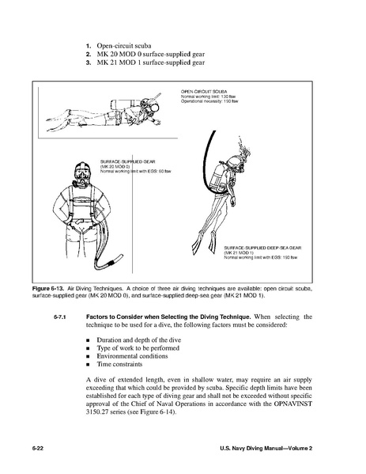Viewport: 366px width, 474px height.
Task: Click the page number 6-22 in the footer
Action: pyautogui.click(x=38, y=449)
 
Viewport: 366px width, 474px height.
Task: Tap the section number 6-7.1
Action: pyautogui.click(x=60, y=317)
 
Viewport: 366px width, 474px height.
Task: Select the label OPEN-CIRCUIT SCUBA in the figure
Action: pyautogui.click(x=204, y=91)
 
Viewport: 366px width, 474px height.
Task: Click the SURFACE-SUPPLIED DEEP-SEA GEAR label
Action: pyautogui.click(x=262, y=248)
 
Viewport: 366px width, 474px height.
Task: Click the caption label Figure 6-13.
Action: pyautogui.click(x=48, y=288)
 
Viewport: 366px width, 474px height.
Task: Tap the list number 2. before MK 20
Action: pyautogui.click(x=89, y=55)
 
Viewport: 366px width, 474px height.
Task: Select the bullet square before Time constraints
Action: pyautogui.click(x=88, y=365)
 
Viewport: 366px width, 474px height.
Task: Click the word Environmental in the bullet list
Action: pyautogui.click(x=117, y=356)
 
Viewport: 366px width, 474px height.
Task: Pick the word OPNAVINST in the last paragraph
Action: pyautogui.click(x=293, y=404)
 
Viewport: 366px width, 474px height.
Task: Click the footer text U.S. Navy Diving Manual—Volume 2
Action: pyautogui.click(x=266, y=449)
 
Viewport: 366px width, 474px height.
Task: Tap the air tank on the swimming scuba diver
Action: pyautogui.click(x=126, y=104)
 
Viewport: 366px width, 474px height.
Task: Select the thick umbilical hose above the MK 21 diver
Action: pyautogui.click(x=207, y=160)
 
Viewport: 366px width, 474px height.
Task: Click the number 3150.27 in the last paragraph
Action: pyautogui.click(x=96, y=412)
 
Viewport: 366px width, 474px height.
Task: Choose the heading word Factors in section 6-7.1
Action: pyautogui.click(x=96, y=317)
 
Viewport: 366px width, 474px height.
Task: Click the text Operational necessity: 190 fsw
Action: pyautogui.click(x=209, y=101)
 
